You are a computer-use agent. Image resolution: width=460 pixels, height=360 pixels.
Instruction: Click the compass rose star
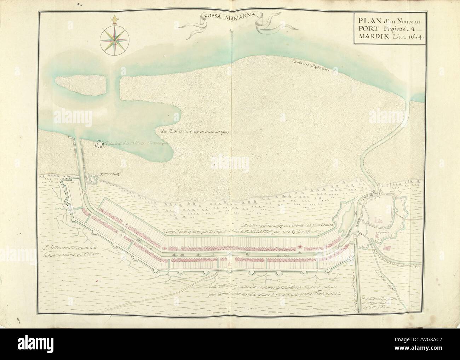[115, 39]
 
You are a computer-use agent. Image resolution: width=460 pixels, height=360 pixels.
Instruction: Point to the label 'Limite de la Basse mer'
[310, 67]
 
